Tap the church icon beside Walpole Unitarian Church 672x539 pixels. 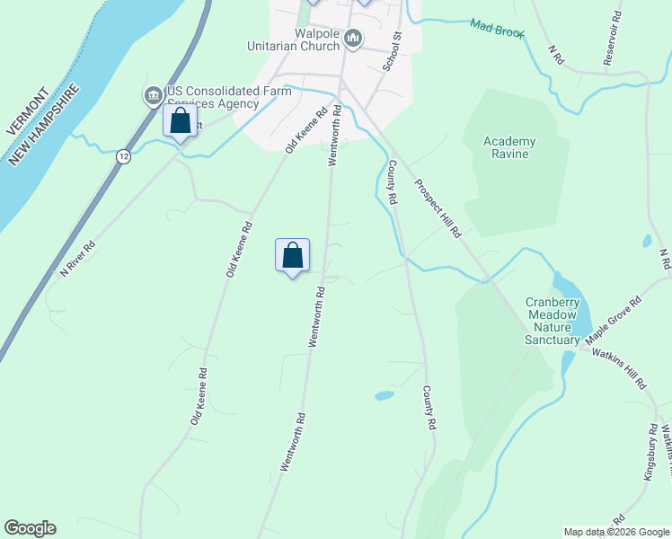point(353,39)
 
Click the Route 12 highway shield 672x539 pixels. point(123,157)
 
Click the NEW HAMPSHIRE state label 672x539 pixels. point(44,126)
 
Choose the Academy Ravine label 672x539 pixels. point(509,147)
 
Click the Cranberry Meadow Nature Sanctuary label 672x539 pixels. point(553,321)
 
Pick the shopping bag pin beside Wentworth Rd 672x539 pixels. point(292,256)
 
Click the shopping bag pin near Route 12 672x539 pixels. point(180,121)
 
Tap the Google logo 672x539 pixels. point(30,528)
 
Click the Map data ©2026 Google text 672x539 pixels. point(616,532)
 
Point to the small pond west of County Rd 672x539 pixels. point(384,395)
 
